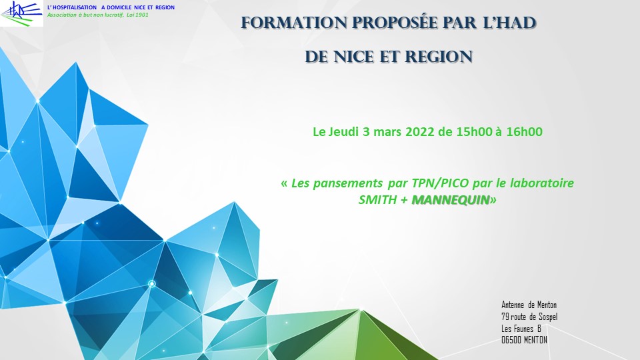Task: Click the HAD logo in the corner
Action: pyautogui.click(x=21, y=13)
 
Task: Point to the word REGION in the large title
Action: pyautogui.click(x=439, y=57)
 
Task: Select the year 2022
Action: pyautogui.click(x=419, y=132)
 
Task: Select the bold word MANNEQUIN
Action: pyautogui.click(x=451, y=200)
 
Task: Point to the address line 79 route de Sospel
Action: pyautogui.click(x=529, y=317)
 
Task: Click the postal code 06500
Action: pyautogui.click(x=511, y=340)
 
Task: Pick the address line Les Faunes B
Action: pyautogui.click(x=521, y=329)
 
